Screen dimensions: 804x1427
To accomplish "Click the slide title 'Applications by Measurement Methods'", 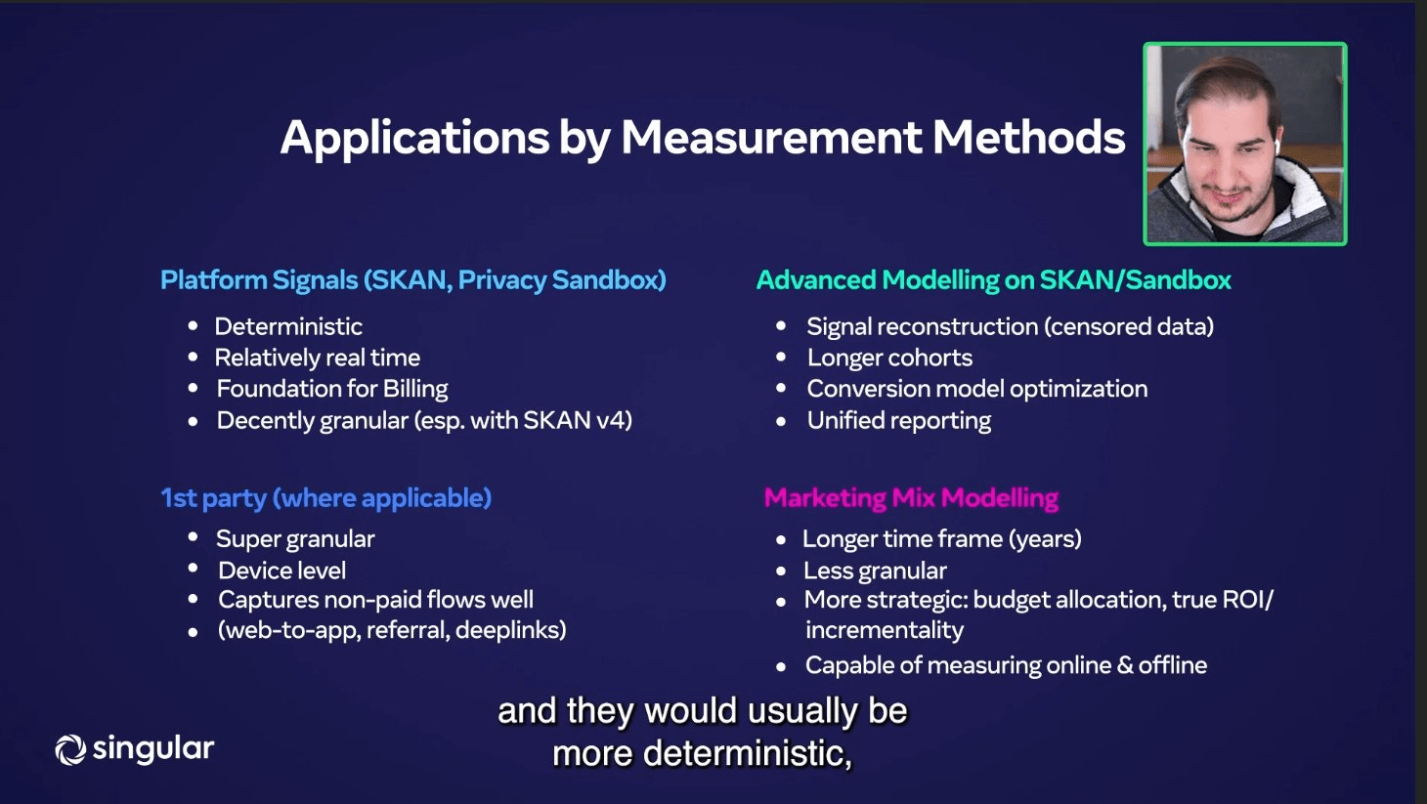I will click(702, 138).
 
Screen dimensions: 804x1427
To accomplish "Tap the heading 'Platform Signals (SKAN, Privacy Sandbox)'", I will click(412, 280).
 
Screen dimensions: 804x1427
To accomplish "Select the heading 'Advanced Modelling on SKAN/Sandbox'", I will click(993, 280).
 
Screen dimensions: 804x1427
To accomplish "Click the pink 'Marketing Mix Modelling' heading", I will click(911, 498).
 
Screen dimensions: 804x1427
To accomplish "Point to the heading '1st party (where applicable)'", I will click(325, 498).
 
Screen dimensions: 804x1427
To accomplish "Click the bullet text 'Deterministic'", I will click(288, 326).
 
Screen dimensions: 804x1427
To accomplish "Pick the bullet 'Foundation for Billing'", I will click(332, 389).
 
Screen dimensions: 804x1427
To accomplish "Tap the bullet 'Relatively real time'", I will click(318, 358).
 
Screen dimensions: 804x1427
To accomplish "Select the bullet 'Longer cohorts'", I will click(889, 358).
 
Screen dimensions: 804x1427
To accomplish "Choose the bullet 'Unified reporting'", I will click(898, 420).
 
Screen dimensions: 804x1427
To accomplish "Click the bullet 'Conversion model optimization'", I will click(976, 389).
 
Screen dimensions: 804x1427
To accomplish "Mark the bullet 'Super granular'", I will click(295, 539).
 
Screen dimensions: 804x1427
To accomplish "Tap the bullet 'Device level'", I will click(281, 571).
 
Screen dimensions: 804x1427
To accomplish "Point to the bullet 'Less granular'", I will click(875, 571).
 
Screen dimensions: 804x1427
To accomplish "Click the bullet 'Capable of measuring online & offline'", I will click(1006, 665).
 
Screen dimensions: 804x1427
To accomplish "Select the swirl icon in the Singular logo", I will click(70, 749).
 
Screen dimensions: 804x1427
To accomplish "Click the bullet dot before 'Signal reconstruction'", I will click(781, 325).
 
